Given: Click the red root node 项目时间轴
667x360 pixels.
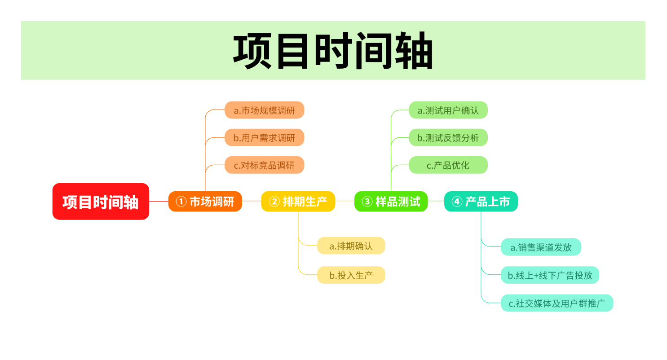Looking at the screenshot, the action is [x=101, y=202].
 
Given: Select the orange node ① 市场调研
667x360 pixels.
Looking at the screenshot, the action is [x=205, y=202].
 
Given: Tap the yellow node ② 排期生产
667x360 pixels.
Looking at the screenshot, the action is [x=298, y=202].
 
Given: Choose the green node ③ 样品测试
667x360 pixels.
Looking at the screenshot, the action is [x=391, y=202].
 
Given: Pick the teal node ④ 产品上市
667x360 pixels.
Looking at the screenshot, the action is [x=481, y=202].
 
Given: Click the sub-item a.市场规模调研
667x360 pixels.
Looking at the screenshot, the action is [x=265, y=110].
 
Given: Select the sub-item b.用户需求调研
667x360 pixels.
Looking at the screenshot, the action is [x=265, y=137].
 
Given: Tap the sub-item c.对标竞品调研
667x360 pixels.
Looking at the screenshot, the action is [x=265, y=165].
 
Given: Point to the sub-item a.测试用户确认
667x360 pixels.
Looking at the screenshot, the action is [x=448, y=110].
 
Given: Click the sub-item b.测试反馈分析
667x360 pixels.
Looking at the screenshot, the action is [x=448, y=137].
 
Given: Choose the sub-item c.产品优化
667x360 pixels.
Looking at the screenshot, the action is [x=448, y=165].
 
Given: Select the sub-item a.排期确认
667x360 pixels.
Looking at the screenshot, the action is [x=351, y=246].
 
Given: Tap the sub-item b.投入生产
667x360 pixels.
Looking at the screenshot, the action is [x=351, y=275].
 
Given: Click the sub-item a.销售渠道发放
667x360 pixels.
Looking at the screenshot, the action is [x=541, y=247].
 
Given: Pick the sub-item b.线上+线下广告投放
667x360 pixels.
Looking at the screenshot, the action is [x=550, y=275].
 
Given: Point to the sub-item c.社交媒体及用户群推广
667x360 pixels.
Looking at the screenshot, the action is [x=557, y=303].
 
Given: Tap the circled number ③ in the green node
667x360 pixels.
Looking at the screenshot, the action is [x=367, y=202].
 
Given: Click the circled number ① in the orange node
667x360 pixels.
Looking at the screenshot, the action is [x=181, y=202].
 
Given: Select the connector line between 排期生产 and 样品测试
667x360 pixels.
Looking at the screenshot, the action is [x=345, y=201].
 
